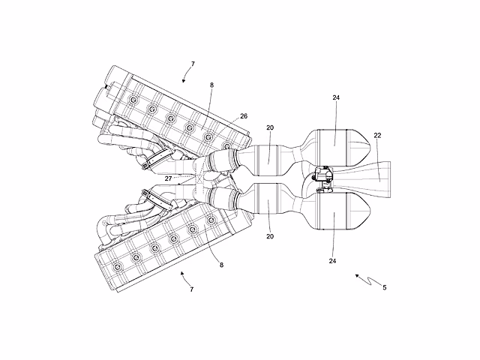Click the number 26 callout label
coord(244,116)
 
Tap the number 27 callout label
coord(168,178)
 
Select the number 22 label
coord(377,135)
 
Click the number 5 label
coord(385,287)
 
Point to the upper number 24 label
coord(336,97)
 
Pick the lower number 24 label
coord(332,261)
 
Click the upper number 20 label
coord(270,127)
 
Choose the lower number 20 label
coord(270,236)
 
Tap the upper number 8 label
coord(211,85)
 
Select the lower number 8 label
coord(221,265)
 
